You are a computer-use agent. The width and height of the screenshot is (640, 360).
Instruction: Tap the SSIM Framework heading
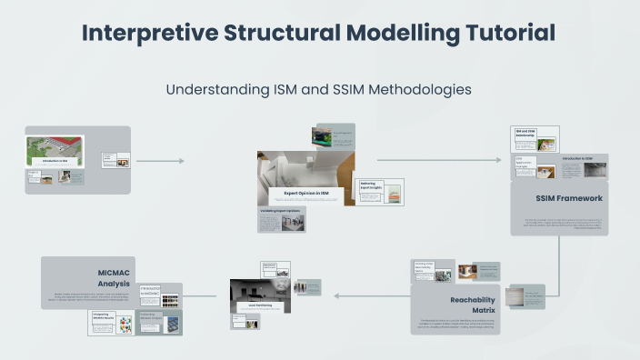tap(569, 197)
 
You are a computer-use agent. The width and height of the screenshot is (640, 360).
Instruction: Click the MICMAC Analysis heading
tap(115, 276)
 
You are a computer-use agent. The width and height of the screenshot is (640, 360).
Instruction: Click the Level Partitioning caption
tap(261, 306)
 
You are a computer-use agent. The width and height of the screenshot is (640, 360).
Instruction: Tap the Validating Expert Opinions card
tap(281, 218)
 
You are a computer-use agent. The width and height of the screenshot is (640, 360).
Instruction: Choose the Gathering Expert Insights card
tap(379, 191)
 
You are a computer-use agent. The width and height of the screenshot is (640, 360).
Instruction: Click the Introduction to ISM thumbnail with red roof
tap(55, 150)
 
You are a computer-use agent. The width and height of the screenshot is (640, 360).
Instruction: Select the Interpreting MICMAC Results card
tap(111, 322)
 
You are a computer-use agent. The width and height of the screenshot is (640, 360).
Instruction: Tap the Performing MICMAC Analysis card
tap(161, 321)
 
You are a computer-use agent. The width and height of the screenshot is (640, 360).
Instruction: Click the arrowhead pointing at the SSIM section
tap(497, 160)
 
